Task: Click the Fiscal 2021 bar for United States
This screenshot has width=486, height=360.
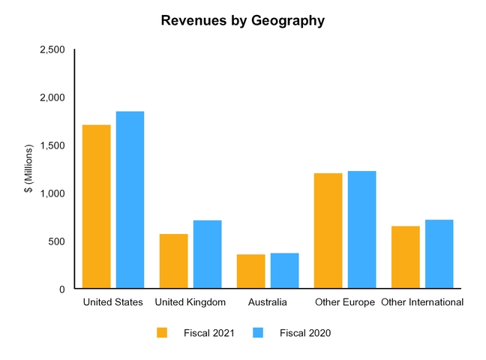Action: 96,206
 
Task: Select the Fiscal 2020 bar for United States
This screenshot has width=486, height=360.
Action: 130,199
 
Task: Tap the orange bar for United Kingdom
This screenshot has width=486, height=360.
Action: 173,261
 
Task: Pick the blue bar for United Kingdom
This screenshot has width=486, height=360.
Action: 207,254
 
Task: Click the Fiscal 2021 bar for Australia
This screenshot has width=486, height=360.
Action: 250,271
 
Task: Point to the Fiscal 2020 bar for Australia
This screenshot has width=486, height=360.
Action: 284,271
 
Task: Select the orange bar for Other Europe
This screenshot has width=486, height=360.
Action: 328,231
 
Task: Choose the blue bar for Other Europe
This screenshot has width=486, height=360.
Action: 361,229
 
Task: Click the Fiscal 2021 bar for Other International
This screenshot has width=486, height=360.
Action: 405,257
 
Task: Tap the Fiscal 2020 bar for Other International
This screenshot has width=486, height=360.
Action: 439,254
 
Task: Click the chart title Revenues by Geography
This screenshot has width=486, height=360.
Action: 243,21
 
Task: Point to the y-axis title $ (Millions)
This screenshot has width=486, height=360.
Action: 28,169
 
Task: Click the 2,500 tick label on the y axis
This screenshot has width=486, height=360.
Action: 52,49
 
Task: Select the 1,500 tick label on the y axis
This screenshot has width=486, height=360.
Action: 52,145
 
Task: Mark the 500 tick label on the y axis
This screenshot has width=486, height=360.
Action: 56,241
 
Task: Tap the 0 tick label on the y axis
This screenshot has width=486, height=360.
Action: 61,289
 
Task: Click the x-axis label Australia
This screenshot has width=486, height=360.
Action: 267,302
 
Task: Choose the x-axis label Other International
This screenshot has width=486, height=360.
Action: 421,302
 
